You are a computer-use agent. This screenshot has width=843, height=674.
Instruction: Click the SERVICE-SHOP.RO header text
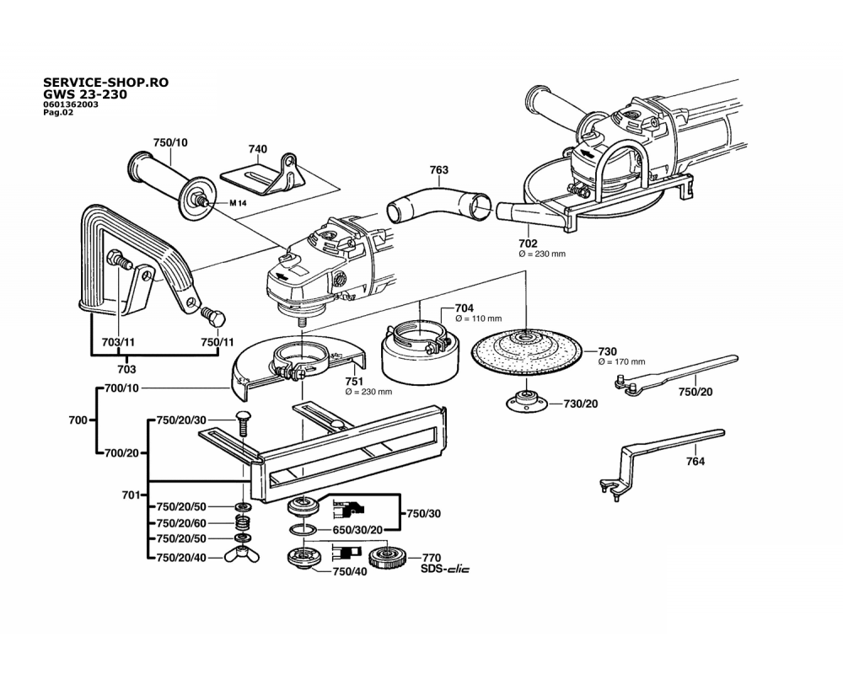105,83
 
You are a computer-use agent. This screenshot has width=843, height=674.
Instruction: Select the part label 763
439,170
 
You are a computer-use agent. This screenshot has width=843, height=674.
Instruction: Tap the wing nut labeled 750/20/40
242,557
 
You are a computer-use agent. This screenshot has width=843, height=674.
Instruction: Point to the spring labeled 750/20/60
242,523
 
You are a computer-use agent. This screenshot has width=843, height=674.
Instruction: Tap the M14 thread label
241,204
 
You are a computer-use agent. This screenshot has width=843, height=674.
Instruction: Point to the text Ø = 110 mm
478,319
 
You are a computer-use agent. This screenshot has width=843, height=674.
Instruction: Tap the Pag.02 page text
58,112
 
